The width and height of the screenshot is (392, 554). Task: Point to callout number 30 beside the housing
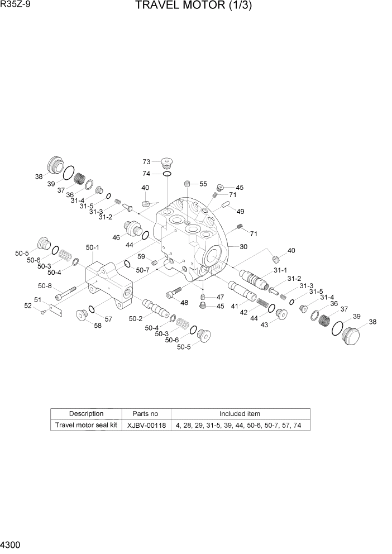tap(243, 247)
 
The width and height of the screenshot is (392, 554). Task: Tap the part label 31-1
tap(280, 270)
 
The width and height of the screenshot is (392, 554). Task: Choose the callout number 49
tap(241, 212)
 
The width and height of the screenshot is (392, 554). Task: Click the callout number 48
tap(184, 303)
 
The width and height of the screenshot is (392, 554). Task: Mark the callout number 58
tap(98, 326)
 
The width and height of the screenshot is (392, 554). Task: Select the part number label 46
tap(116, 237)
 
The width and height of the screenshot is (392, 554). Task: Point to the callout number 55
tap(203, 184)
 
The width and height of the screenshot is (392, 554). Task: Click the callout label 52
tap(27, 305)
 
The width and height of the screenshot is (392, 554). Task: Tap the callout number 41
tap(235, 306)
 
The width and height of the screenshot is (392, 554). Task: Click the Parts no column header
tap(145, 414)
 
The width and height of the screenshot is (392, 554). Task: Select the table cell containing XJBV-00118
tap(145, 425)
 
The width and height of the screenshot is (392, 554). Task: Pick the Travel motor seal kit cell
tap(86, 425)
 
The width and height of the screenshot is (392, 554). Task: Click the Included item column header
tap(240, 414)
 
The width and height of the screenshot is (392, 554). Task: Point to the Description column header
tap(86, 414)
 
